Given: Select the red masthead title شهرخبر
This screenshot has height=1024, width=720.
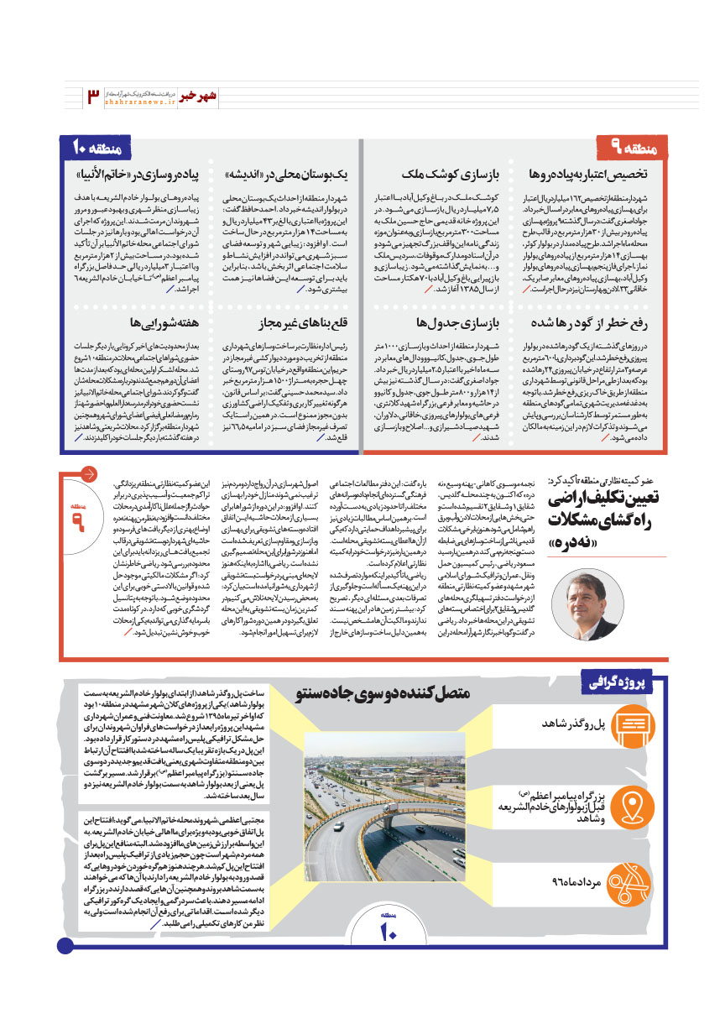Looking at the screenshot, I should [198, 95].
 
